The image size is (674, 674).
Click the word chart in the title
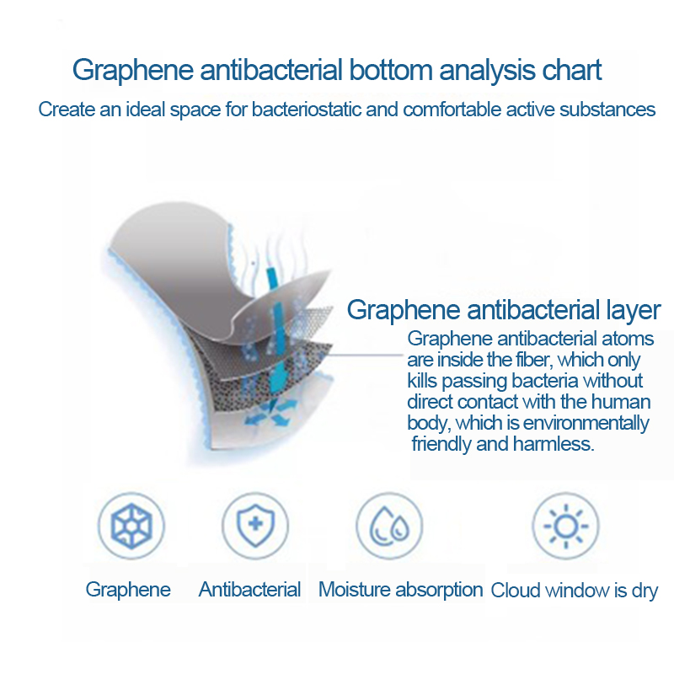coord(572,70)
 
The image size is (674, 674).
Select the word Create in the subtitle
coord(67,110)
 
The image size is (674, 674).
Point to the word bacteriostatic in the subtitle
coord(306,110)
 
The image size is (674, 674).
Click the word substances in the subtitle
coord(607,110)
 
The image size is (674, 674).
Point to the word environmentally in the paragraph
coord(586,424)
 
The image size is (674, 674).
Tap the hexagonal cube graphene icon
coord(131,526)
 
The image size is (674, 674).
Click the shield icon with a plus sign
coord(255,525)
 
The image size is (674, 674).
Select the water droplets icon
coord(389,526)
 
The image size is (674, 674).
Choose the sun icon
coord(565,526)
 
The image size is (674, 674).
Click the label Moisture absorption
coord(401,590)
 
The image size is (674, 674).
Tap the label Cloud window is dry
coord(575,591)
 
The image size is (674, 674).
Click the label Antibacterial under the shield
coord(249,589)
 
